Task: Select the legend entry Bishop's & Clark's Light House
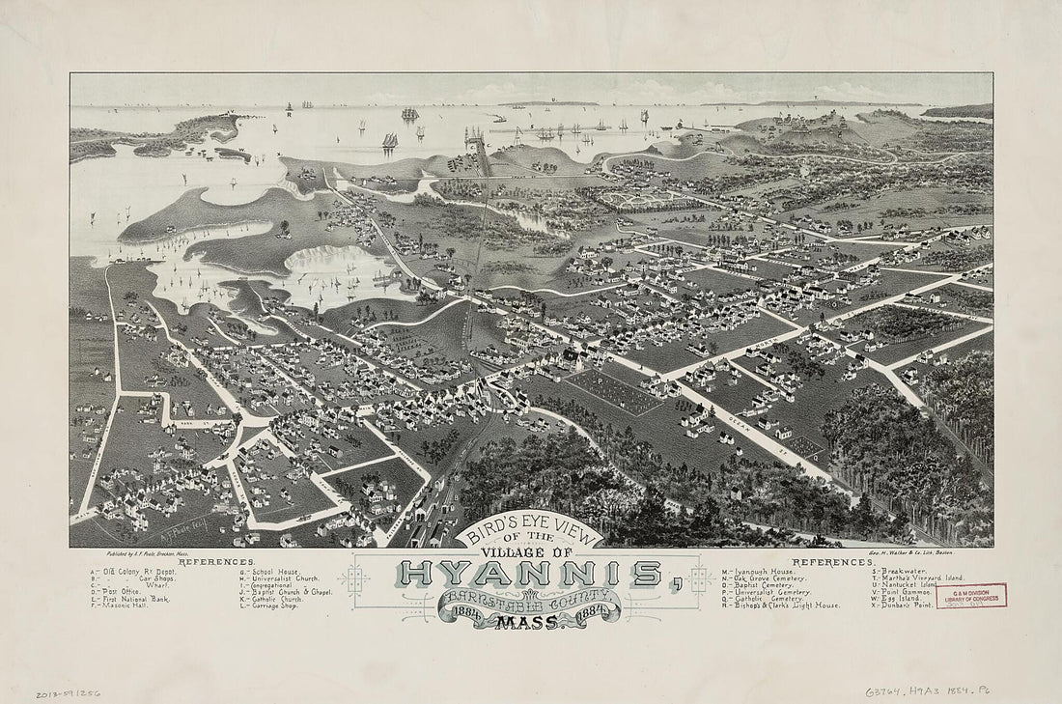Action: coord(788,605)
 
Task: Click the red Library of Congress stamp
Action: coord(970,596)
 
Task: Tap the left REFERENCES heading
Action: coord(216,561)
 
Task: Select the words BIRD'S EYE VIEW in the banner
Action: coord(528,534)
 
